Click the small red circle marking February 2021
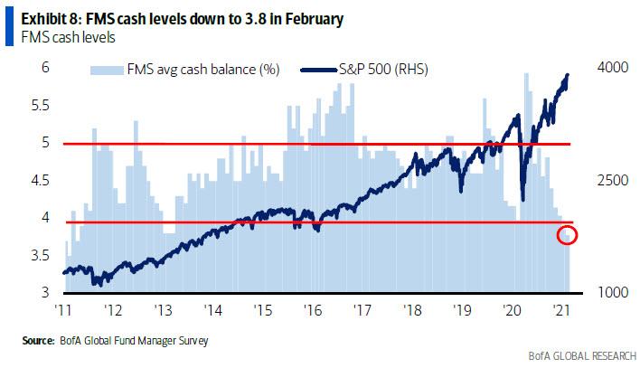pos(568,236)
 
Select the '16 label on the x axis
pos(313,308)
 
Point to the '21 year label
pos(561,308)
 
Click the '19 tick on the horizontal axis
pos(462,308)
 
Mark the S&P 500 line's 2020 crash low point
pos(523,198)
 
